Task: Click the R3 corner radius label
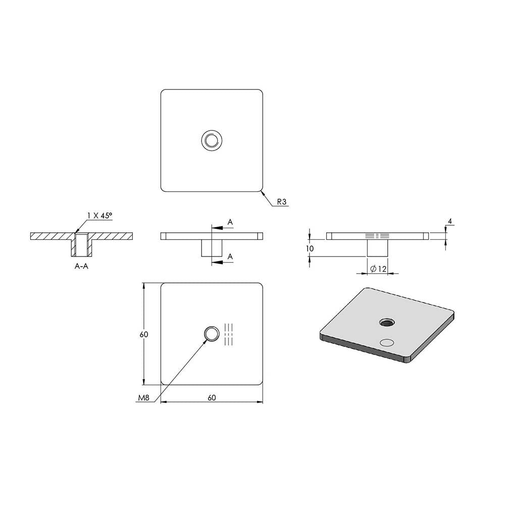tap(282, 201)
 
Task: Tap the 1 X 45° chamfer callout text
tap(99, 216)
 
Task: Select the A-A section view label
tap(81, 266)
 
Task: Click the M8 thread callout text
tap(143, 398)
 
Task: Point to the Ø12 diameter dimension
tap(378, 269)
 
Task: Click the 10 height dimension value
tap(310, 248)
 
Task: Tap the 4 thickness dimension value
tap(450, 221)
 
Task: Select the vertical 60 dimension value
tap(143, 334)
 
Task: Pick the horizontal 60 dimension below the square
tap(212, 398)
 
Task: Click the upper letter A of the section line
tap(230, 222)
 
